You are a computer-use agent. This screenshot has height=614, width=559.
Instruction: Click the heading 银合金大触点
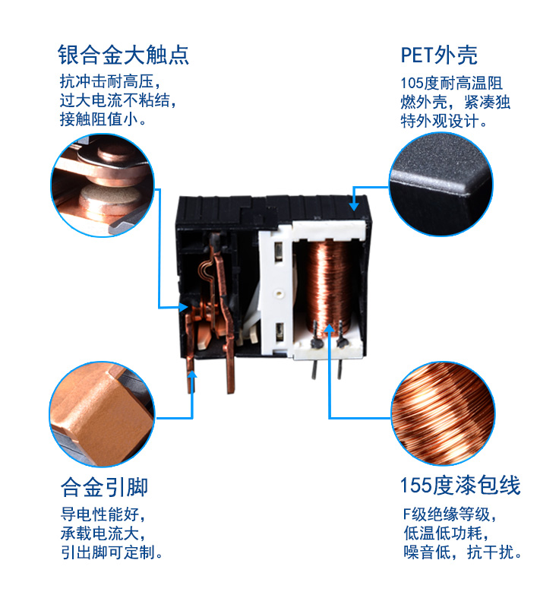tap(123, 55)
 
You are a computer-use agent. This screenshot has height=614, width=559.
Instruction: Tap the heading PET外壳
tap(439, 55)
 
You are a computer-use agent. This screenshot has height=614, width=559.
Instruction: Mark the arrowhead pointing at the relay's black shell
tap(354, 204)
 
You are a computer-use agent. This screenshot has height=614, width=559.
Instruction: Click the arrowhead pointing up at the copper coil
tap(330, 328)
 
